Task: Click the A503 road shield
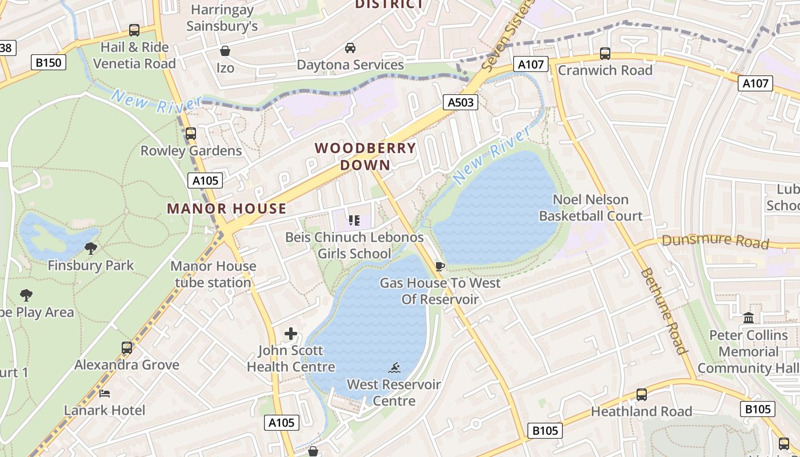460,102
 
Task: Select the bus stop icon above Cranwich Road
605,54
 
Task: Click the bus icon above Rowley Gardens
191,134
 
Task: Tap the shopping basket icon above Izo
225,51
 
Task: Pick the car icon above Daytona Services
350,48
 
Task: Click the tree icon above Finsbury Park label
90,248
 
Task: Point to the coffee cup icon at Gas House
439,266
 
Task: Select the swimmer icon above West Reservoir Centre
394,367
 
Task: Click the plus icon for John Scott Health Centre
291,334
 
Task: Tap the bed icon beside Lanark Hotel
105,394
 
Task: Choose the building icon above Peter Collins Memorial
749,318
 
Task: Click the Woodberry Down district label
365,157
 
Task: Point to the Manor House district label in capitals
227,209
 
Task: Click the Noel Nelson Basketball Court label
591,207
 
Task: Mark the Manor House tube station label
213,274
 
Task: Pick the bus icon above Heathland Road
642,395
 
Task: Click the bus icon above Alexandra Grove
127,348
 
